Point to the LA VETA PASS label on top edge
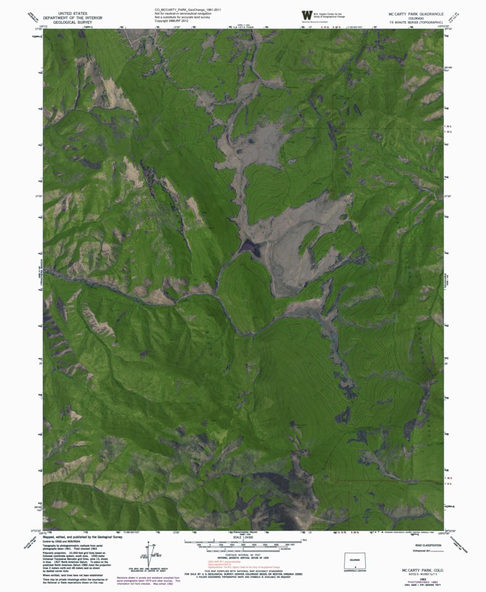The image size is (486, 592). click(243, 27)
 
